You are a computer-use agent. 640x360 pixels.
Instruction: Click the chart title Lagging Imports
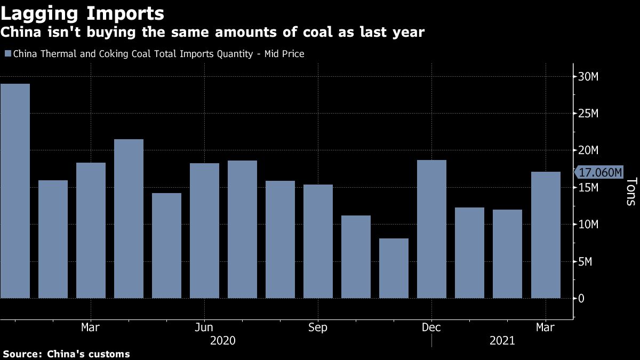(x=83, y=13)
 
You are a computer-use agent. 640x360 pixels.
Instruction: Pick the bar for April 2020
(x=129, y=218)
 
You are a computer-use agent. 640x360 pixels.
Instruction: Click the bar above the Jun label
(x=204, y=230)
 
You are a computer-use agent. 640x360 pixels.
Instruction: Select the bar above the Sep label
(x=318, y=241)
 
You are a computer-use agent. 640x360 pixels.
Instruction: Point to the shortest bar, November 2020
(x=394, y=268)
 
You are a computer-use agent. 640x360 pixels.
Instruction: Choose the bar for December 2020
(x=431, y=229)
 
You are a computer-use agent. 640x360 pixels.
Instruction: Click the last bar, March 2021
(x=546, y=235)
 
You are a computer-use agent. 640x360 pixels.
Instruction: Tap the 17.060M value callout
(x=599, y=172)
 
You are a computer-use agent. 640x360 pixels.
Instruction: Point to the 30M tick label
(x=588, y=77)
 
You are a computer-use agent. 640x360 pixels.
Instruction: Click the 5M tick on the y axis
(x=585, y=262)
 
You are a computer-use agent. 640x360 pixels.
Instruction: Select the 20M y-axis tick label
(x=588, y=151)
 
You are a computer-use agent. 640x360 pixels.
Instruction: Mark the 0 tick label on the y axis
(x=581, y=299)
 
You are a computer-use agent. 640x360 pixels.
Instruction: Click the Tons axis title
(x=630, y=191)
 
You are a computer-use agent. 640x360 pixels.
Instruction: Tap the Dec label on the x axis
(x=431, y=327)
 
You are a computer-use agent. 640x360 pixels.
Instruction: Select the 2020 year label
(x=223, y=340)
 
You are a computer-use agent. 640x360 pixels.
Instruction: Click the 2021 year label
(x=502, y=340)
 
